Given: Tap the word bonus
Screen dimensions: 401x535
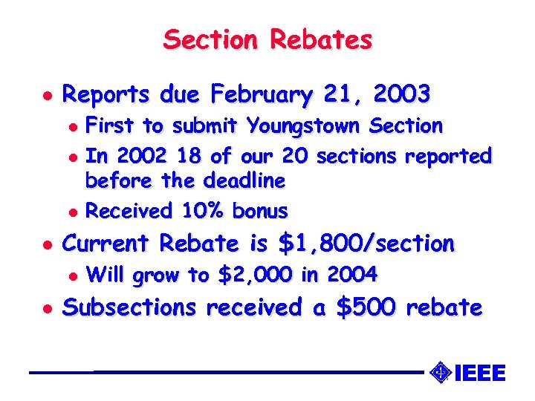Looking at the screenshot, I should coord(259,211).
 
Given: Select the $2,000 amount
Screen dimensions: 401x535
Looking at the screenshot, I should coord(256,276).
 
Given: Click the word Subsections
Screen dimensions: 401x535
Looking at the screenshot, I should coord(130,307).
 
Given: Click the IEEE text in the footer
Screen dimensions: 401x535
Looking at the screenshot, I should coord(479,372).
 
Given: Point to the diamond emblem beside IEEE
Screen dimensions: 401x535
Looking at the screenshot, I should coord(440,371).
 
